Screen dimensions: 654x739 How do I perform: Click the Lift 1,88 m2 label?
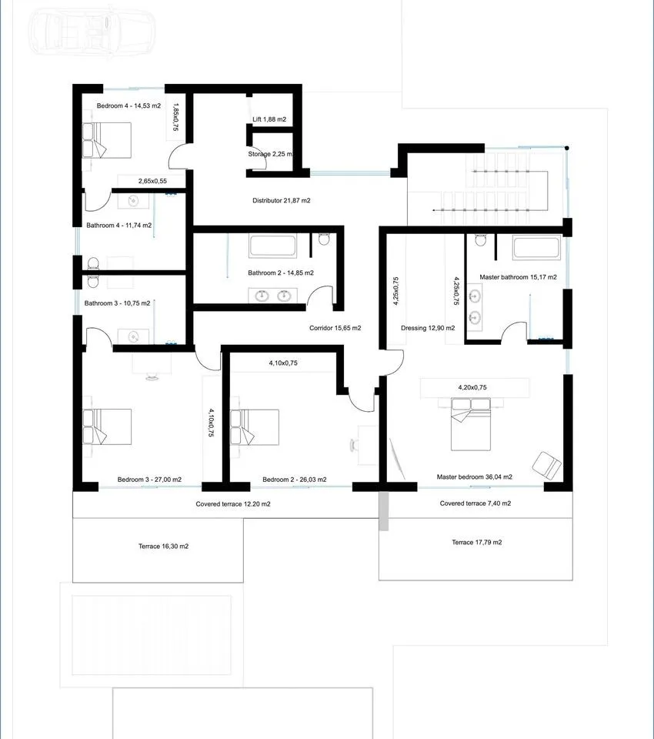click(269, 119)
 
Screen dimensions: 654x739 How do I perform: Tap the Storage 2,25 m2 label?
click(271, 154)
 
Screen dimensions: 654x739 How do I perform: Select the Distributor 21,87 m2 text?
click(282, 200)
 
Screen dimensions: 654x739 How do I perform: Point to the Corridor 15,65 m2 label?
click(335, 328)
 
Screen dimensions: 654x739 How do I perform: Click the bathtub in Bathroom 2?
click(273, 246)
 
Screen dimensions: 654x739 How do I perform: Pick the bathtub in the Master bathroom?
click(537, 247)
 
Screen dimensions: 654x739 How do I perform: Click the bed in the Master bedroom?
click(471, 424)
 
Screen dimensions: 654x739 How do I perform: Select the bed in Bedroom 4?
click(107, 140)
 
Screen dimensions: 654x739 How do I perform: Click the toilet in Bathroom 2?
click(324, 239)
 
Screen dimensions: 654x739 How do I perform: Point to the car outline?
click(92, 32)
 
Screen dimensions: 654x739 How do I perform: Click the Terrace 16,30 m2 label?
click(163, 547)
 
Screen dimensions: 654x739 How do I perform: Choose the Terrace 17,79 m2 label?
click(477, 543)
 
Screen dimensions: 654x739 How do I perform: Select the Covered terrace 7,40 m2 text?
click(475, 503)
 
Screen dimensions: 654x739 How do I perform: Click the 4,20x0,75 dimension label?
click(472, 387)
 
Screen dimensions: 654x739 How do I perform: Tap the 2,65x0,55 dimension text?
click(152, 181)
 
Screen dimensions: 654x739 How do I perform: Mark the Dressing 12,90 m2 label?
click(428, 328)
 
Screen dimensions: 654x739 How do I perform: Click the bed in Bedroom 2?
click(255, 427)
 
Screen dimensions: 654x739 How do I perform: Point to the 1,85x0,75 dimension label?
click(175, 117)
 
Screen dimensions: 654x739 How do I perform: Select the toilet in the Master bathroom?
click(481, 240)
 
